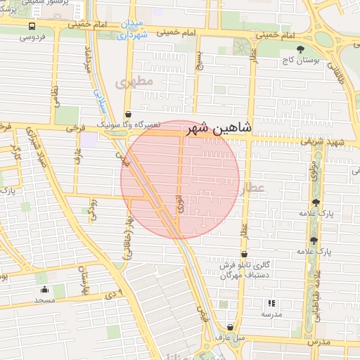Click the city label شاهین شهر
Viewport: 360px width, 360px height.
tap(218, 129)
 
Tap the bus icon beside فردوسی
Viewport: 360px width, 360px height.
tap(32, 26)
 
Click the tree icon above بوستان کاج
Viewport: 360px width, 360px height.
tap(301, 49)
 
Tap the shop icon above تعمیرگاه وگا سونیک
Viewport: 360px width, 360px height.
tap(127, 114)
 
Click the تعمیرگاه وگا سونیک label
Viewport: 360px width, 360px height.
tap(127, 124)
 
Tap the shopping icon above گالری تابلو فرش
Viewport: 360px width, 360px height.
tap(244, 255)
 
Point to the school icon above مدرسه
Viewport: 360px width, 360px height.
tap(271, 304)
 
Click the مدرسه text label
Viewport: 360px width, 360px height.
tap(271, 314)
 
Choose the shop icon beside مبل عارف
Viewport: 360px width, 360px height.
tap(231, 327)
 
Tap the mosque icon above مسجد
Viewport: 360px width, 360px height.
tap(46, 290)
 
